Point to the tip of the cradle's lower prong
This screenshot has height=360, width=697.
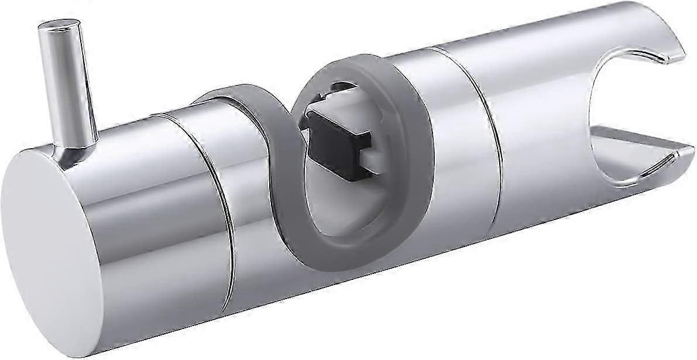pyautogui.click(x=688, y=153)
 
